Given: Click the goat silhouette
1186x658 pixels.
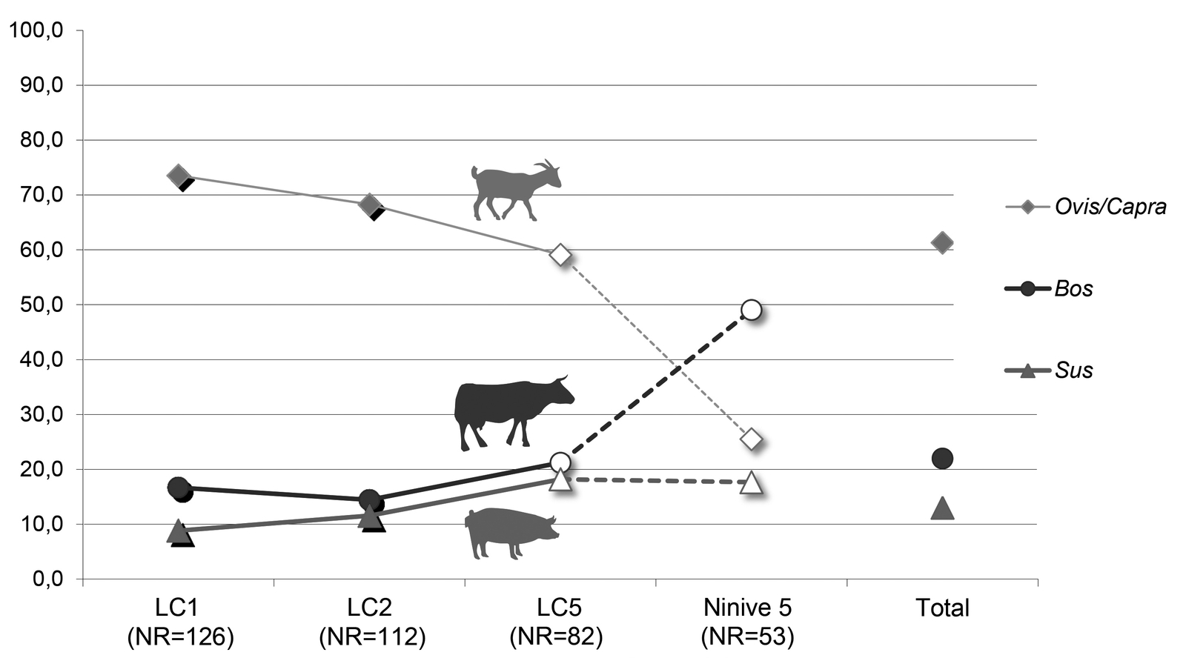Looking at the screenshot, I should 516,190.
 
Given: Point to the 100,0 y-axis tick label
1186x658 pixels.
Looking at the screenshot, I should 37,31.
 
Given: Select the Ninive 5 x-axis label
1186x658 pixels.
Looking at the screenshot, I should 747,608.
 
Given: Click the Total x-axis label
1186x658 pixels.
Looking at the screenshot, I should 942,608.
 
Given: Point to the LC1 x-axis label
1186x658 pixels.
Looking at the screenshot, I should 177,608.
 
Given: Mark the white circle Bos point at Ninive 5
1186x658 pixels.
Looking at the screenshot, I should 751,310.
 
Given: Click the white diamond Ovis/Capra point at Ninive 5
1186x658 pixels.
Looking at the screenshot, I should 751,439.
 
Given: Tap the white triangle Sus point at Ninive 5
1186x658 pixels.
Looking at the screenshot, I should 751,483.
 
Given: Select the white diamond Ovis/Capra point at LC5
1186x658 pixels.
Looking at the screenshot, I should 560,256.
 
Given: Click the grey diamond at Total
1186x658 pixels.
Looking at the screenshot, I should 942,242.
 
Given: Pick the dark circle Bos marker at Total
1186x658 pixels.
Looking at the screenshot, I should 942,458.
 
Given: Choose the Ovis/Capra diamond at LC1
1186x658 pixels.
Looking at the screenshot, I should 178,176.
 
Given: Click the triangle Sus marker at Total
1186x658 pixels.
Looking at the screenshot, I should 942,508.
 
